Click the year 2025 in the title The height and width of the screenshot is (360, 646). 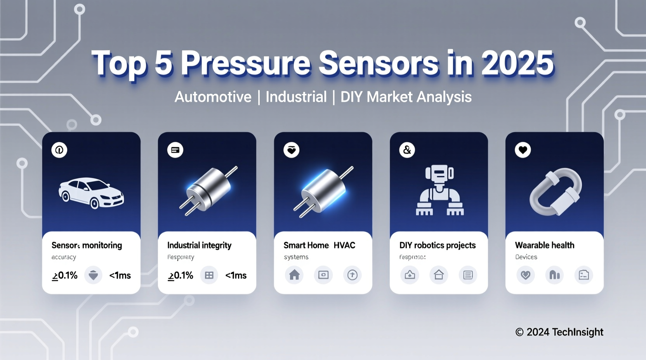517,63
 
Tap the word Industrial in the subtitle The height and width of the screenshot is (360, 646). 296,97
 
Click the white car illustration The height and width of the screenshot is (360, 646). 91,193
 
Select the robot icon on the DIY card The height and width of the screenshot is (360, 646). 439,190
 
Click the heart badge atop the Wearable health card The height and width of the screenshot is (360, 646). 523,150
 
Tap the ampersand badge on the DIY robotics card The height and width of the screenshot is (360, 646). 407,150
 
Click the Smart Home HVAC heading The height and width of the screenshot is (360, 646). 319,245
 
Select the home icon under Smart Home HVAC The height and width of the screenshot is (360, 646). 294,275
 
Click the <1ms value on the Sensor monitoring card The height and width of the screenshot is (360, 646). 120,275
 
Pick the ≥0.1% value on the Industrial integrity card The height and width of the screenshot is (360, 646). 181,275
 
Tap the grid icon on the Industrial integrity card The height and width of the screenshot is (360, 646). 209,275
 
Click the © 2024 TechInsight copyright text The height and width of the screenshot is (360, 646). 559,332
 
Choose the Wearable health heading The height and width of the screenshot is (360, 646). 544,245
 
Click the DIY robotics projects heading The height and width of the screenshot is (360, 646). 437,245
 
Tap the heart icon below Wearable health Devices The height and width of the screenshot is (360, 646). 525,275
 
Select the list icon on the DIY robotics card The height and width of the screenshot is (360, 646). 468,275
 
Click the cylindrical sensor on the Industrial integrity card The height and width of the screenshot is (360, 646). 208,190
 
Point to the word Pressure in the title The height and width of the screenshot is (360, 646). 245,63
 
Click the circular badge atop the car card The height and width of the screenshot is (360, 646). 59,150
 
